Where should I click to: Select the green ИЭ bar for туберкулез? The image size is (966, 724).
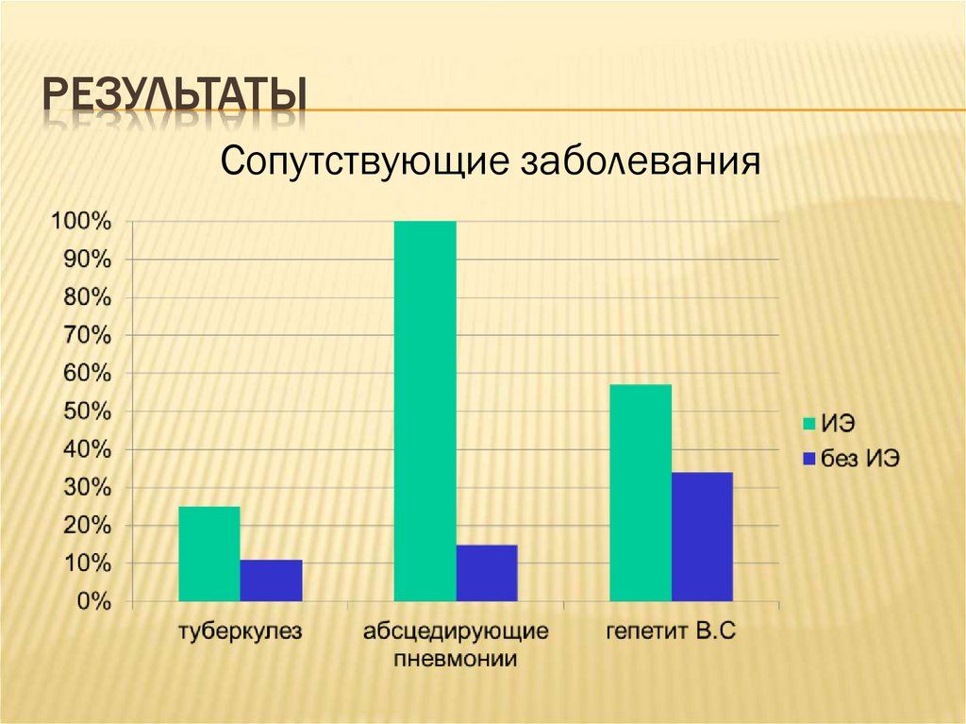(x=208, y=554)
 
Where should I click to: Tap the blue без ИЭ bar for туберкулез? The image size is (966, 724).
(x=271, y=581)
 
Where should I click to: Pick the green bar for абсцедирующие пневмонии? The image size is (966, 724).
(x=425, y=411)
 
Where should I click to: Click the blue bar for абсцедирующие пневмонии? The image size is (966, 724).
(x=487, y=573)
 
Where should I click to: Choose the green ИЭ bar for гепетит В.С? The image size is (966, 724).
(x=641, y=493)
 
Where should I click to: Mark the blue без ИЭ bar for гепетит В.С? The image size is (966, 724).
(x=702, y=536)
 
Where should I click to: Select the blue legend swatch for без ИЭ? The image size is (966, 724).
(x=808, y=459)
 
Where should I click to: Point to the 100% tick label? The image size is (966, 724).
(x=81, y=222)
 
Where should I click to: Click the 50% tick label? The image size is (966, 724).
(x=87, y=413)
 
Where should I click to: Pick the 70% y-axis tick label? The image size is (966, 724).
(x=87, y=336)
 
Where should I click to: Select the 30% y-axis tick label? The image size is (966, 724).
(x=87, y=488)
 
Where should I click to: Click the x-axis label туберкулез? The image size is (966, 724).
(x=241, y=632)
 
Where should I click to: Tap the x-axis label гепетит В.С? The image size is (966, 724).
(x=671, y=632)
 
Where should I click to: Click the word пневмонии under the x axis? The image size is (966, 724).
(x=456, y=659)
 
